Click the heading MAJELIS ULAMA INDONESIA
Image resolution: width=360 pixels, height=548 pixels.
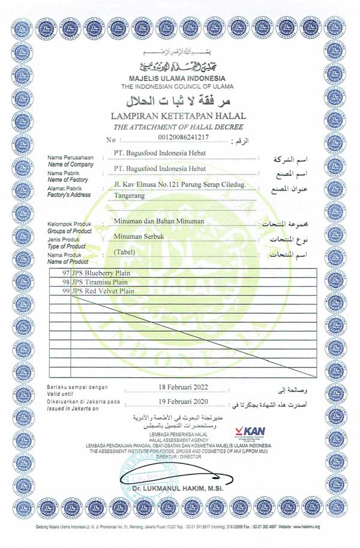pos(177,79)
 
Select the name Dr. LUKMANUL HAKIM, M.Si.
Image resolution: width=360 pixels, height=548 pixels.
pos(178,489)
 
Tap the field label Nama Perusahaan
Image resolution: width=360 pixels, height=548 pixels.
pos(71,158)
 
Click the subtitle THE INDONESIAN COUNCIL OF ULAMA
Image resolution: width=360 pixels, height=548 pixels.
pos(177,87)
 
